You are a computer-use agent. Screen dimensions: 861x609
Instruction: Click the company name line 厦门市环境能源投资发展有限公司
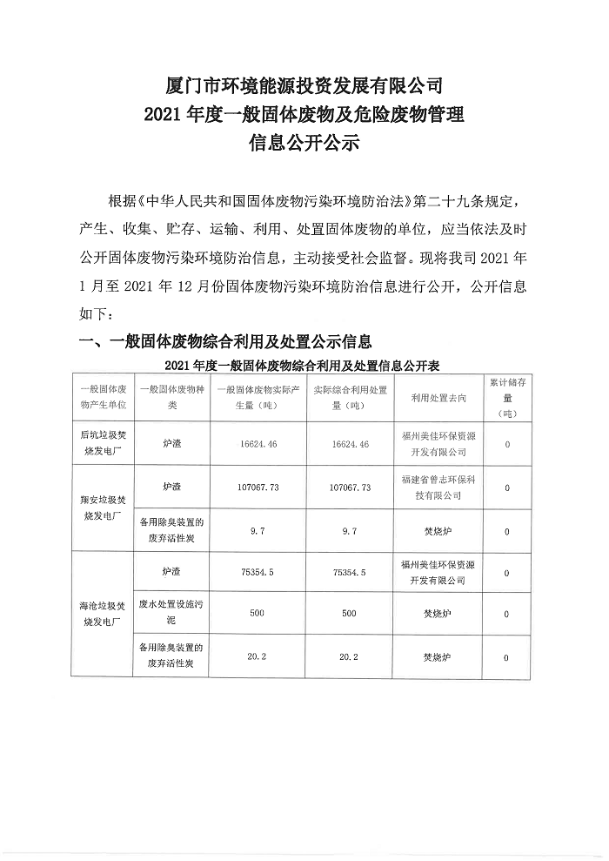tap(304, 86)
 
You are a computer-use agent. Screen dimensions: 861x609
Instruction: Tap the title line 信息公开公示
tap(304, 142)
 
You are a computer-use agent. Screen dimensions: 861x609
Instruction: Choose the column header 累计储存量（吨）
tap(506, 398)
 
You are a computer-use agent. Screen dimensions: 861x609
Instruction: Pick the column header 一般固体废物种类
tap(171, 398)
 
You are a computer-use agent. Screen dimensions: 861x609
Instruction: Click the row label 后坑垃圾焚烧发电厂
tap(103, 444)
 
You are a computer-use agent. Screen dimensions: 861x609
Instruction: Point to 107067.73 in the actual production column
tap(257, 488)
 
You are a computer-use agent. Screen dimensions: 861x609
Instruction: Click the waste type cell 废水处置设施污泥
tap(171, 614)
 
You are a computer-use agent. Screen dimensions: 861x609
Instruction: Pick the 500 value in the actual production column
tap(257, 614)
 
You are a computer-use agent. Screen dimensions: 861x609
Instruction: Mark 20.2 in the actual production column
tap(257, 657)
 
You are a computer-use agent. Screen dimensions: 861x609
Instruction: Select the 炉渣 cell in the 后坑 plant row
tap(171, 444)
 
